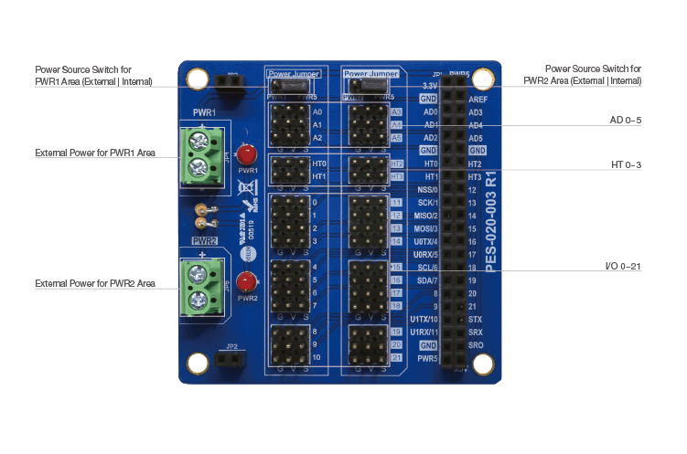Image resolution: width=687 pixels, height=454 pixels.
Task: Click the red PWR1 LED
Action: point(245,155)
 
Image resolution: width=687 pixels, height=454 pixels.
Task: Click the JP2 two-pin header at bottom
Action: point(231,359)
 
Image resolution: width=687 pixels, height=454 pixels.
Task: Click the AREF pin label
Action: point(478,99)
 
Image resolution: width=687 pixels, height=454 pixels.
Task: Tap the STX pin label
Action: point(475,320)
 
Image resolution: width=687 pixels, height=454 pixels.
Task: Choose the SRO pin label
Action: point(476,346)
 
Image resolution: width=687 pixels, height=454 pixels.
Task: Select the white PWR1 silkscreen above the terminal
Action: point(202,112)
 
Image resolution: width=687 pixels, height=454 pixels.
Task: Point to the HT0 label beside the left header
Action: point(318,164)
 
